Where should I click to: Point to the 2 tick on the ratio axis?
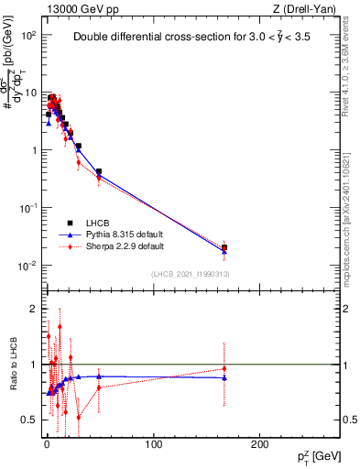(x=35, y=309)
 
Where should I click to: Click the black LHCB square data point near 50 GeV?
(x=99, y=171)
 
